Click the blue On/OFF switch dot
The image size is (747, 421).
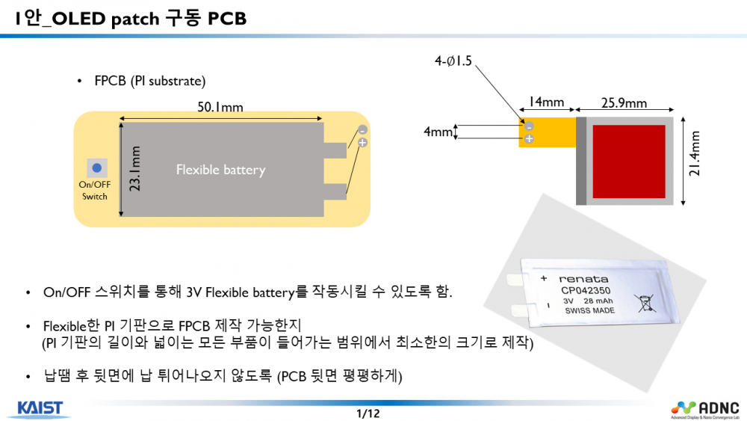click(x=96, y=168)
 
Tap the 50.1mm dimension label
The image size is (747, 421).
click(x=220, y=107)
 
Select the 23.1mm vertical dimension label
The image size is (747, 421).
click(x=135, y=169)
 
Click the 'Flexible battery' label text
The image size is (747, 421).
click(x=220, y=170)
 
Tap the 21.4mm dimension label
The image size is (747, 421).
click(x=695, y=159)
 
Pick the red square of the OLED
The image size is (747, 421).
click(x=628, y=159)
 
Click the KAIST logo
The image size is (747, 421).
click(x=40, y=408)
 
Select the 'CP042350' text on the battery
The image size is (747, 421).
click(x=586, y=291)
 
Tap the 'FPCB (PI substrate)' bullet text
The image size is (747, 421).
click(x=149, y=81)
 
